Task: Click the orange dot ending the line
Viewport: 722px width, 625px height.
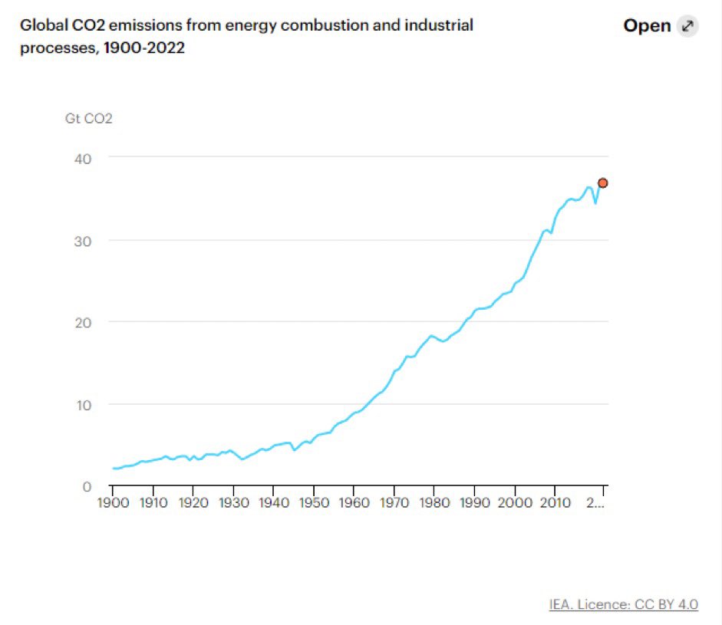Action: pos(603,183)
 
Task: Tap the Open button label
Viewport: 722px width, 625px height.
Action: pos(647,26)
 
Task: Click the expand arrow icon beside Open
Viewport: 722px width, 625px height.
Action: pos(687,26)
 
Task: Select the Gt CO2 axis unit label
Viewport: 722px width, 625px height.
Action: pos(89,119)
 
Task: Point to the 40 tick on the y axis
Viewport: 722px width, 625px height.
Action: pos(83,159)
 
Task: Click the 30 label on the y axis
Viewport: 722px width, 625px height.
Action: pos(83,241)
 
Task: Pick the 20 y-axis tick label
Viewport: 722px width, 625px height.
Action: pos(83,323)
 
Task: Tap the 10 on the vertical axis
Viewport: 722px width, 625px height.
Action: pos(84,405)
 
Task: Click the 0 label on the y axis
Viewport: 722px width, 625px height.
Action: pos(87,486)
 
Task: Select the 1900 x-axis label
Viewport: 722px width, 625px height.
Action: pos(114,502)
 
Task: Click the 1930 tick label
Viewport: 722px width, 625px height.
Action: pos(234,502)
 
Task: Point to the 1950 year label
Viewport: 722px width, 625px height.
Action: pos(314,502)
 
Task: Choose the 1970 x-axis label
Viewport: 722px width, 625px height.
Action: pos(394,502)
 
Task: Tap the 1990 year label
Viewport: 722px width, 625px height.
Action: pos(475,502)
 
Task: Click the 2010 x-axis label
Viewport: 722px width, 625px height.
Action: pos(556,502)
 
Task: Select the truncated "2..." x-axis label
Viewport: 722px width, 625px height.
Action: pos(595,502)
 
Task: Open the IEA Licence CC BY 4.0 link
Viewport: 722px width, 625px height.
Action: pos(624,604)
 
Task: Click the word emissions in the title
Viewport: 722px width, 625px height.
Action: pos(146,25)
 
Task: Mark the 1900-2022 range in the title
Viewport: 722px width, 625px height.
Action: pos(144,48)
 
